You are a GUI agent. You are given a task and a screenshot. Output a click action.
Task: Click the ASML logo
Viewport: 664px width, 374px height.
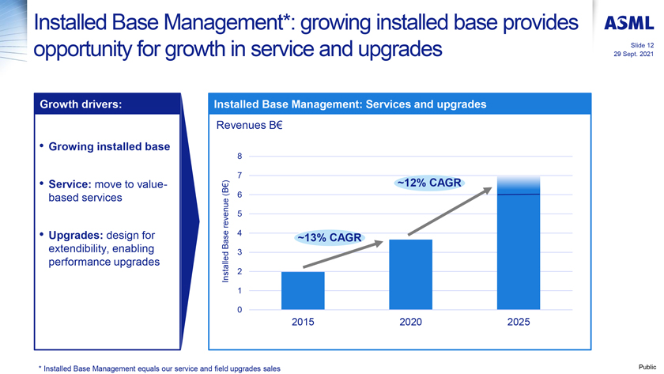(x=628, y=24)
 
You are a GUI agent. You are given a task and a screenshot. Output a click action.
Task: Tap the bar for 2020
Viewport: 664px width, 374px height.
(x=410, y=274)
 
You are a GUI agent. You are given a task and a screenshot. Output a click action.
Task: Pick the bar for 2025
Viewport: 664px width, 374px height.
(x=519, y=245)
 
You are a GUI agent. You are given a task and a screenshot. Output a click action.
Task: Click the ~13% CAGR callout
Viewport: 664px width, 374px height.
(x=329, y=237)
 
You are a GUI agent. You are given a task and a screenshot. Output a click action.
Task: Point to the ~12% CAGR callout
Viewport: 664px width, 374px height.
(x=428, y=183)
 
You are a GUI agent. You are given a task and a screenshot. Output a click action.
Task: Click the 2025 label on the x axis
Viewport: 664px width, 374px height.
(x=519, y=323)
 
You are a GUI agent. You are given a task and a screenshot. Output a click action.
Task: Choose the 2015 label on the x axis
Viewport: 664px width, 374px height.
(x=303, y=323)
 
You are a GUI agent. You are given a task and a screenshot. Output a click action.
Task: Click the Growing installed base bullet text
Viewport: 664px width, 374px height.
(x=109, y=146)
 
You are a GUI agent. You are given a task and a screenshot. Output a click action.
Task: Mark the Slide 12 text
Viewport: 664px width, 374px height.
(x=639, y=45)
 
